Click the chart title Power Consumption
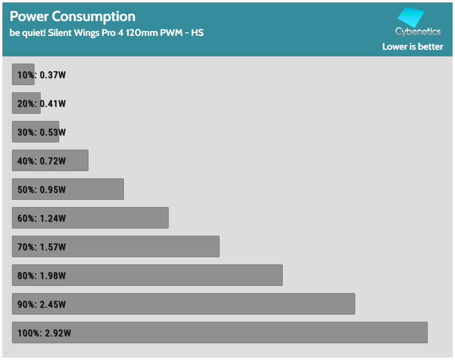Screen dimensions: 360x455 (73, 16)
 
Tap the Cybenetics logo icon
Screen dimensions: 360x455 (411, 18)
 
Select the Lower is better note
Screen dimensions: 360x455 (412, 47)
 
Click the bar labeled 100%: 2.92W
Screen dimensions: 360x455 (220, 332)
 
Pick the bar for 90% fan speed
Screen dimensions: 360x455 (183, 304)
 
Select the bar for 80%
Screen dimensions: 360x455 (147, 275)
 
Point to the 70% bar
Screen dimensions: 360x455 (116, 246)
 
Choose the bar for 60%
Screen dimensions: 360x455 (90, 218)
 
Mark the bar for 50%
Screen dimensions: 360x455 (68, 189)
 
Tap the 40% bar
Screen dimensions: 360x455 (50, 160)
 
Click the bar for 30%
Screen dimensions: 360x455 (35, 131)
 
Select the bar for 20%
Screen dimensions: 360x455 (26, 103)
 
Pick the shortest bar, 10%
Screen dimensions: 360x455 (23, 74)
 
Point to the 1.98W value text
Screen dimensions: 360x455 (53, 276)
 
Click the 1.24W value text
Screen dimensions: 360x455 (53, 218)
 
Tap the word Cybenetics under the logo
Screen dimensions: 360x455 (418, 32)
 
